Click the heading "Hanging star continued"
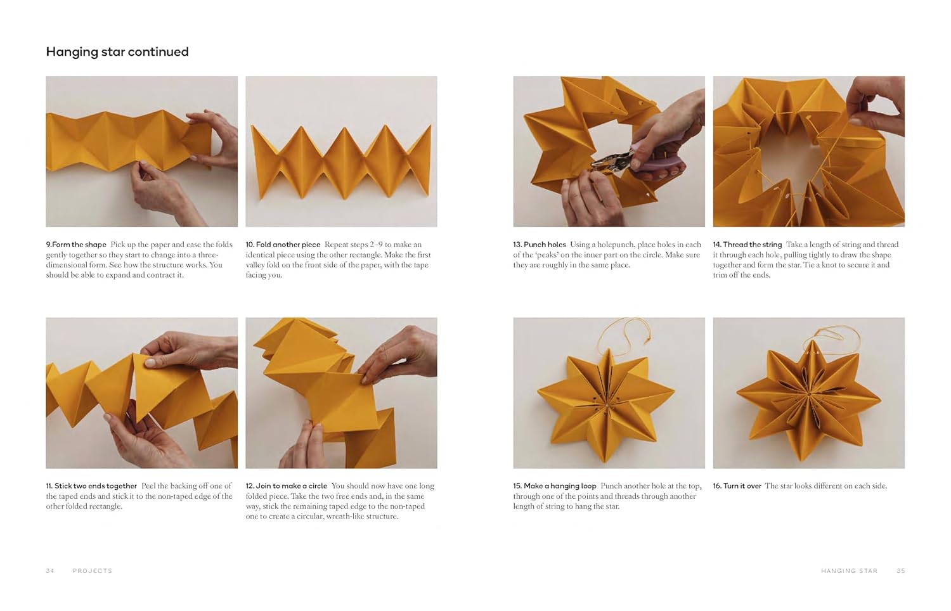[x=117, y=52]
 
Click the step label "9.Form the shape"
[x=76, y=245]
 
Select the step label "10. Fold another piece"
[x=283, y=245]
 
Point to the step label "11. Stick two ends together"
[x=91, y=486]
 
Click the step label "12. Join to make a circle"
[x=287, y=486]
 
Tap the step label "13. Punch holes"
[x=540, y=245]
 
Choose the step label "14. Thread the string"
[x=747, y=245]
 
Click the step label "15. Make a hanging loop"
[x=555, y=486]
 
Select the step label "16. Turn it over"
[x=737, y=486]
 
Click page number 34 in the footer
[x=50, y=571]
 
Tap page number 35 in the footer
[x=901, y=571]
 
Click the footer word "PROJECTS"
[x=93, y=571]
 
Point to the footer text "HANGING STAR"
[x=849, y=571]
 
